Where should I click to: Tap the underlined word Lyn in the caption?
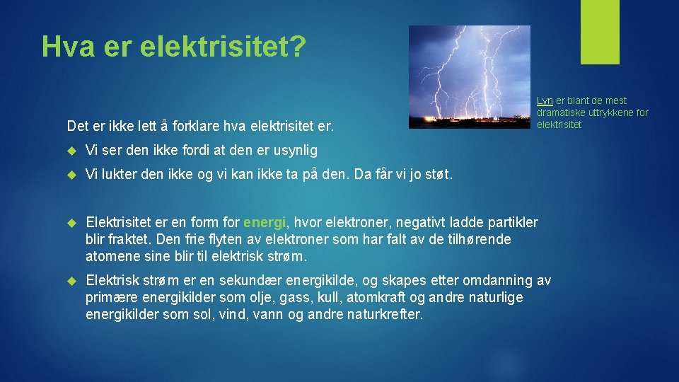point(545,101)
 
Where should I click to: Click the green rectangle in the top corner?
point(600,32)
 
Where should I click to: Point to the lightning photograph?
point(470,77)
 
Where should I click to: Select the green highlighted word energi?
point(265,223)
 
